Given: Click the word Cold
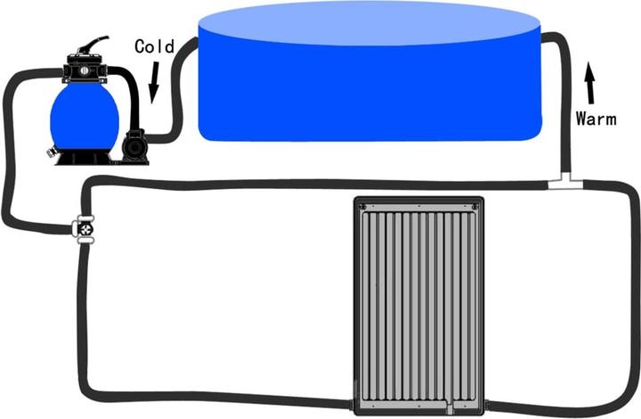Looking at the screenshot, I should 154,45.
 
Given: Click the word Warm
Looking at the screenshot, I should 595,118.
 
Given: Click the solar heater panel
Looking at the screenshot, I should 418,303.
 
